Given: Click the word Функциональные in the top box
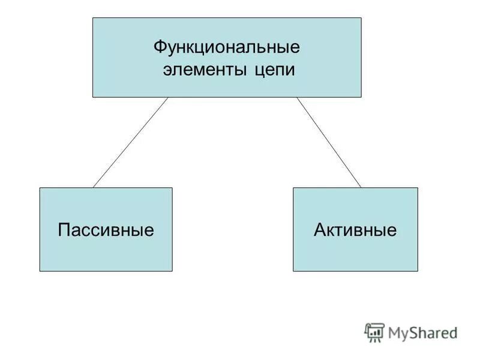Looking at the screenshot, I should [x=227, y=46].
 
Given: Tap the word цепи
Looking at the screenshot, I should [x=274, y=70].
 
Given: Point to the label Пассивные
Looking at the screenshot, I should [x=106, y=230].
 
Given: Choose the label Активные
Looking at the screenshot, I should [x=355, y=230].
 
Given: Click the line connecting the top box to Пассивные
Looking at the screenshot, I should [x=130, y=143].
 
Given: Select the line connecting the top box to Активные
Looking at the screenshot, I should [x=329, y=143].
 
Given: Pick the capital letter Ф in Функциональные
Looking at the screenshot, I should [x=160, y=46].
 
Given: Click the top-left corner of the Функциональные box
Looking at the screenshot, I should [x=93, y=18].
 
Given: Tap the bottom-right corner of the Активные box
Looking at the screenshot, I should [x=418, y=271].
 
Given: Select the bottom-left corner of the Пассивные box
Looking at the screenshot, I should [x=40, y=271].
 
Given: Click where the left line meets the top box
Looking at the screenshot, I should [x=168, y=97].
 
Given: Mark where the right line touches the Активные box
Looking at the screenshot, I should [x=361, y=188].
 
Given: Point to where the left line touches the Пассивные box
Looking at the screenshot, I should [x=93, y=188].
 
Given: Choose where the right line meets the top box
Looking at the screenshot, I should [x=297, y=97].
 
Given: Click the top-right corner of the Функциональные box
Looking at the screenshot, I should [x=361, y=18].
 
